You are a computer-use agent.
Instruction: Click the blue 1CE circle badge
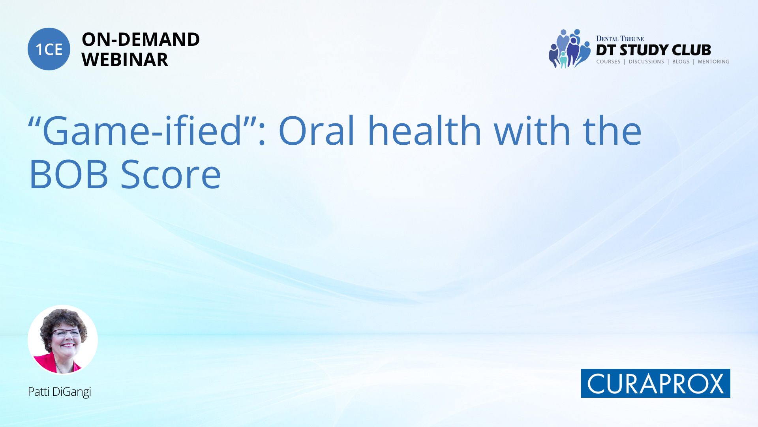point(49,49)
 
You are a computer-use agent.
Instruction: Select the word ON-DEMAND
point(141,39)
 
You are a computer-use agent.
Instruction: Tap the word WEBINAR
point(125,60)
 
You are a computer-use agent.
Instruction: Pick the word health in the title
point(424,130)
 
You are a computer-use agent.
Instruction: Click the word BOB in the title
point(69,174)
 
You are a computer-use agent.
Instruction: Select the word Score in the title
point(171,174)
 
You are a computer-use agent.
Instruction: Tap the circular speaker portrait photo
point(63,340)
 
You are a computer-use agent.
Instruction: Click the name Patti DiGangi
point(59,392)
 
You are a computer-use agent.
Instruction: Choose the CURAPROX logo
point(655,383)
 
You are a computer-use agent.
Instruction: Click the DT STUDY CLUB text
point(653,50)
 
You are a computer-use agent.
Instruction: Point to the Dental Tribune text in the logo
point(620,39)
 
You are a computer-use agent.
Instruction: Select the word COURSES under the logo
point(608,62)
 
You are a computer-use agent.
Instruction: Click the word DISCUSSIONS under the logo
point(646,62)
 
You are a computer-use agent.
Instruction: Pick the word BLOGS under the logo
point(681,62)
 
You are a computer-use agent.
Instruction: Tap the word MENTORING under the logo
point(713,62)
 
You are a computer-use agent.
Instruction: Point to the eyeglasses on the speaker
point(66,333)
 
